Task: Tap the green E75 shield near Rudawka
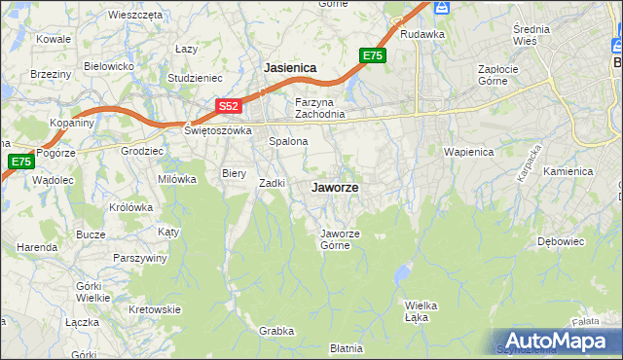tap(373, 56)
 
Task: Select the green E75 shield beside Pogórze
tap(19, 162)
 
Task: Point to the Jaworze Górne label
tap(342, 238)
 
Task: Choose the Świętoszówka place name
tap(218, 129)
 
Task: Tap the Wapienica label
tap(468, 153)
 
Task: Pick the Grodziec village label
tap(142, 151)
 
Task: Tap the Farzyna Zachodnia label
tap(320, 108)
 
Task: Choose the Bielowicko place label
tap(108, 66)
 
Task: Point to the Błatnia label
tap(346, 347)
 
